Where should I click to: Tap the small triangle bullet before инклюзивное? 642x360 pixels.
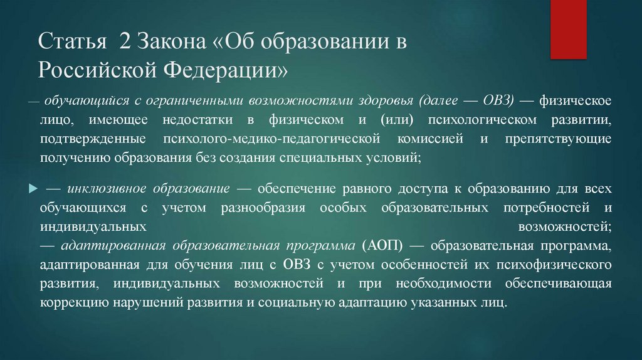(32, 188)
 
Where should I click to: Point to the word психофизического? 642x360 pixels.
(561, 263)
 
